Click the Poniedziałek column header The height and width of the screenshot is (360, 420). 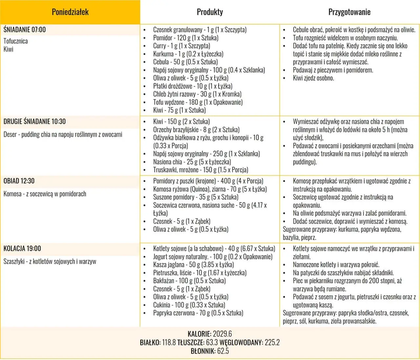(x=70, y=12)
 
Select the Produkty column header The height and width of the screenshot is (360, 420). (x=210, y=12)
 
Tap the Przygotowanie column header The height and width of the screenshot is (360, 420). (x=349, y=12)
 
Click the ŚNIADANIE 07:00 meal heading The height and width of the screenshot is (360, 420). (x=25, y=30)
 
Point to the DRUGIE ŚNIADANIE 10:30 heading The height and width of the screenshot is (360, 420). (x=34, y=121)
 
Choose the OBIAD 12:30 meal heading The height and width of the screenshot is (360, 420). (x=19, y=181)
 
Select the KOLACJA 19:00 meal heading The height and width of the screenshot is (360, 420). (x=22, y=248)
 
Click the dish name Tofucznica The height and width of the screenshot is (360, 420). (x=16, y=41)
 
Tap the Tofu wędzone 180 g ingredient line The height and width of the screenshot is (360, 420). (x=198, y=102)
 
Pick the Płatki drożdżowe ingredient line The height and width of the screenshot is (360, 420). (x=193, y=86)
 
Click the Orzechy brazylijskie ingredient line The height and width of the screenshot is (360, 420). (x=196, y=130)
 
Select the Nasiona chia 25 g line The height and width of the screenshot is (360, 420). (x=192, y=162)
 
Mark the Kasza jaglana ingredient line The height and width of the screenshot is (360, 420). (x=193, y=265)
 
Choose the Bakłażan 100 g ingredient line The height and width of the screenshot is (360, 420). (x=189, y=281)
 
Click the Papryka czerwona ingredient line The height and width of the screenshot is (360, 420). (x=198, y=313)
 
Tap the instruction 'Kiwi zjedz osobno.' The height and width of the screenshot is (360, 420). (x=313, y=78)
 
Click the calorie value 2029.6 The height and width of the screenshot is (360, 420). (x=222, y=334)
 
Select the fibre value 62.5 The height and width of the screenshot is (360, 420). (x=222, y=351)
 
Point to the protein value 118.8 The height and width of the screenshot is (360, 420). (x=169, y=342)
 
